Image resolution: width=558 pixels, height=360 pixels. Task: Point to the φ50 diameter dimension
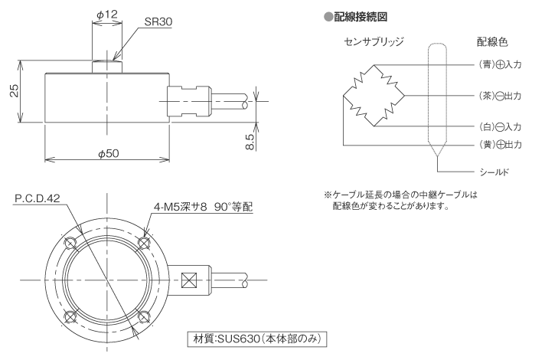click(x=107, y=153)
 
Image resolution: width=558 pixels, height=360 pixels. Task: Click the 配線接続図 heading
click(x=357, y=15)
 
